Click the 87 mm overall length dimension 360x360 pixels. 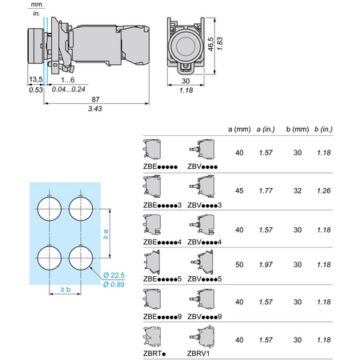(x=95, y=99)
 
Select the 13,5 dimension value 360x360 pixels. (x=36, y=79)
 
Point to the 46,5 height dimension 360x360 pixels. (x=210, y=44)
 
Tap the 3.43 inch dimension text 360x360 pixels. (x=95, y=109)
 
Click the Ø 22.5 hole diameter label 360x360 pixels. (x=114, y=275)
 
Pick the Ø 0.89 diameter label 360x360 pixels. (x=114, y=285)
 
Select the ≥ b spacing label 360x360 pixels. (x=66, y=290)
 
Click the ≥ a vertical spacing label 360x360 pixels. (x=106, y=234)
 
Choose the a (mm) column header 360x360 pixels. (x=239, y=130)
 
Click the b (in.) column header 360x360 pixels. (x=323, y=130)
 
